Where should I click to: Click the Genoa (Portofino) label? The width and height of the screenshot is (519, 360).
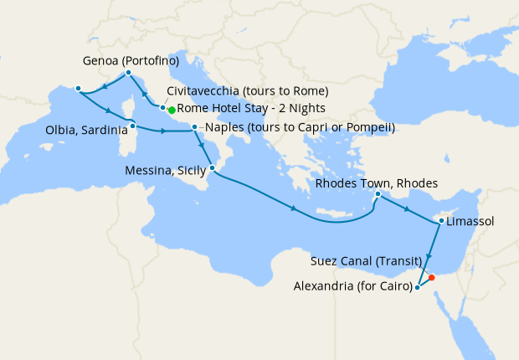tap(131, 61)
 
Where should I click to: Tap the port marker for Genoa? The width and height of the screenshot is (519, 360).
tap(128, 73)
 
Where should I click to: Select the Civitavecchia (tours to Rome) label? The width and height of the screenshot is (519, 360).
tap(247, 90)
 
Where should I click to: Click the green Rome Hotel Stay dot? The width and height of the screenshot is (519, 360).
tap(171, 110)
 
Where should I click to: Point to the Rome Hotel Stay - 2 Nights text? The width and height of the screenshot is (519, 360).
tap(251, 109)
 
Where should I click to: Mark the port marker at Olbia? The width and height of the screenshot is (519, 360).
tap(133, 126)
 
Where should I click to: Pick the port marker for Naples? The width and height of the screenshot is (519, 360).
tap(195, 128)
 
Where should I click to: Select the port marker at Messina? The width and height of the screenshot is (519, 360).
tap(212, 168)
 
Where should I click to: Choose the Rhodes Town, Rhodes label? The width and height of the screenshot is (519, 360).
tap(376, 183)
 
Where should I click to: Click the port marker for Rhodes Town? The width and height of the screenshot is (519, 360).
tap(378, 194)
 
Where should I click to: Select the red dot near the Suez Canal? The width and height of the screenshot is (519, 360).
tap(431, 278)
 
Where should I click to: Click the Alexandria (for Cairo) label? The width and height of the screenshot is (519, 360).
tap(352, 287)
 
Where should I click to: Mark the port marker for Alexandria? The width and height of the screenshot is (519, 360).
tap(417, 288)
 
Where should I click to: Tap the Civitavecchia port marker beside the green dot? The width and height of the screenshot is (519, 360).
tap(163, 108)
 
